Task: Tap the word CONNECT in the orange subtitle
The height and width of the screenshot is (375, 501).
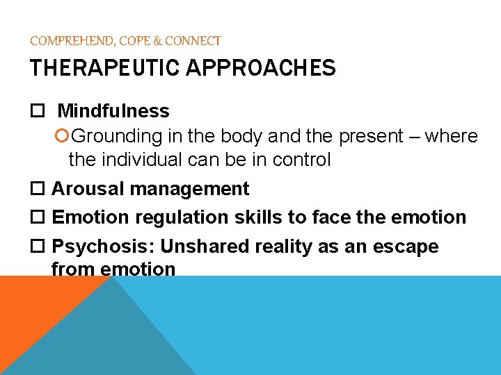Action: click(194, 41)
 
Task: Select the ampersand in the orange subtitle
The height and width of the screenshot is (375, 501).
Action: click(158, 41)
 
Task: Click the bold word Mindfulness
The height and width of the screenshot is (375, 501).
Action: click(113, 111)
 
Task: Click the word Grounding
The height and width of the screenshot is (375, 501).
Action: click(111, 136)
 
